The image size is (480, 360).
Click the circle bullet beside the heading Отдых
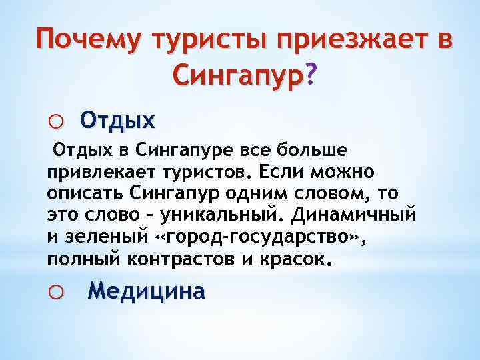[57, 121]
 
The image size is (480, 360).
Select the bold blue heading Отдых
[117, 120]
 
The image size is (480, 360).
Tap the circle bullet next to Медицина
[57, 292]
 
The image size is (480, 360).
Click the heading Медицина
[147, 291]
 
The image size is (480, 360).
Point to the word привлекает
[99, 173]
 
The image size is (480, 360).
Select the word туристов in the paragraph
[205, 173]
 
